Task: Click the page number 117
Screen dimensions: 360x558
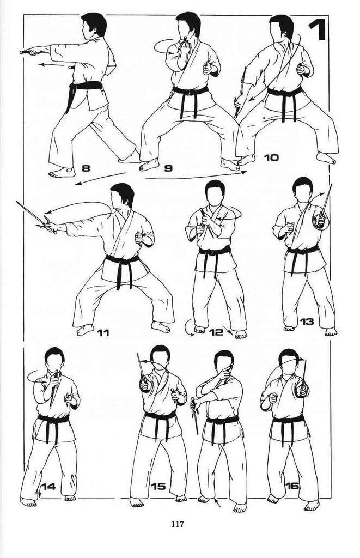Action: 178,524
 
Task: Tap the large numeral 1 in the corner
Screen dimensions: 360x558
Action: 318,30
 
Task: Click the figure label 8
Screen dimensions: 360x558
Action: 86,167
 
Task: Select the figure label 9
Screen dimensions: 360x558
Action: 168,168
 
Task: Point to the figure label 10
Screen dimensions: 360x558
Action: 271,157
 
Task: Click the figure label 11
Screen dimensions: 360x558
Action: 103,333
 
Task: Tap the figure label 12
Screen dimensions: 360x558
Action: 216,332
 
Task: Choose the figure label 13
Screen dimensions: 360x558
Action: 307,322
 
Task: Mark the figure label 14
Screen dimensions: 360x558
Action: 48,486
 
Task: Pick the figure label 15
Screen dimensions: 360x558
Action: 158,486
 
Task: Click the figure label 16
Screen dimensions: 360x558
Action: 292,486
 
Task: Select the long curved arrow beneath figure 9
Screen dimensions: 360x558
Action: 196,176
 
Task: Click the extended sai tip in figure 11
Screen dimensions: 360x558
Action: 17,202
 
